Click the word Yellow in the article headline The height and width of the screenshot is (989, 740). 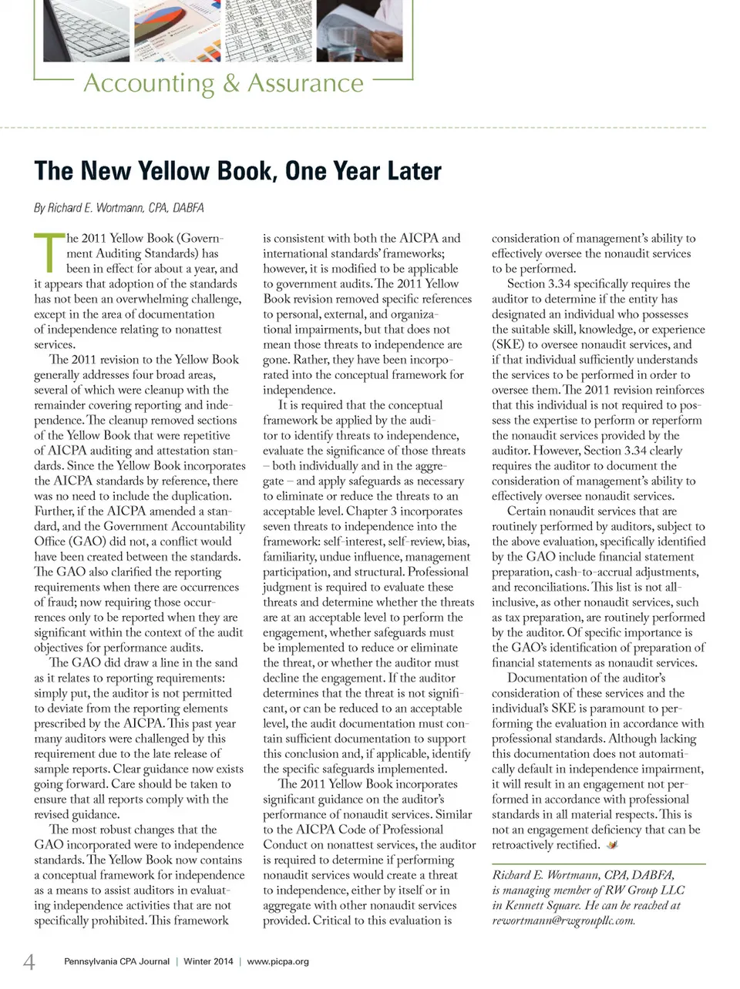pos(177,170)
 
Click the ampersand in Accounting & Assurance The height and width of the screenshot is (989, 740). pos(231,82)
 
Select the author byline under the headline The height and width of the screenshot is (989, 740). pos(119,208)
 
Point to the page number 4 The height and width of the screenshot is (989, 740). pos(29,961)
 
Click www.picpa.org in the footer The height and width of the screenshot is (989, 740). pos(277,961)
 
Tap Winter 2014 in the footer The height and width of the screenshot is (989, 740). pos(208,961)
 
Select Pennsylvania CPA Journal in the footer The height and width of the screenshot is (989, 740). pos(116,961)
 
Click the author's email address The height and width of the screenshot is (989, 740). pos(563,920)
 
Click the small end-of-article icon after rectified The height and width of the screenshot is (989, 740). pos(612,845)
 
